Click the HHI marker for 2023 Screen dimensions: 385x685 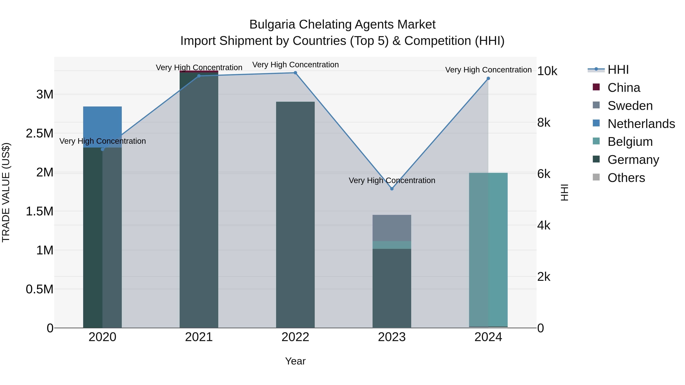click(392, 189)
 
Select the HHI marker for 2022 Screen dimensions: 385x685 click(295, 73)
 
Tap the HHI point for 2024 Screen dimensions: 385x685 click(488, 78)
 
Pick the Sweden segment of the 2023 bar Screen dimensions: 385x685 click(392, 228)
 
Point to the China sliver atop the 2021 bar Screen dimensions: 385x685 click(199, 71)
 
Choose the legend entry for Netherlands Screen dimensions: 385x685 click(641, 124)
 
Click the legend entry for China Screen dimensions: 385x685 click(624, 88)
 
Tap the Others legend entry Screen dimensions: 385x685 click(626, 178)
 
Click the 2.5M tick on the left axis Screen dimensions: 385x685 click(40, 133)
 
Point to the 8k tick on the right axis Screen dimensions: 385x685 click(544, 123)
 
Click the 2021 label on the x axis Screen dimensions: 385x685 click(199, 337)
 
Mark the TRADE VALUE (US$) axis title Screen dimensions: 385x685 click(6, 192)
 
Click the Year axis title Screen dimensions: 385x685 click(295, 361)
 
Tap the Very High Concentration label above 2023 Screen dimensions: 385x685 click(392, 180)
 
